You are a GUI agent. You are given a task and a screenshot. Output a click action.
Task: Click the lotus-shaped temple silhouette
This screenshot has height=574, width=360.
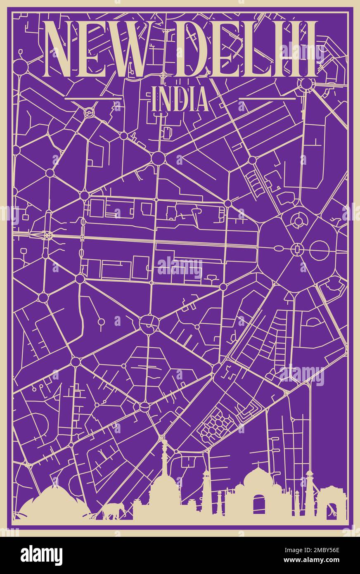[52, 502]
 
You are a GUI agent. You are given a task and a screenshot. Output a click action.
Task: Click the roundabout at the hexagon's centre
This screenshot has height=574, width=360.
[296, 249]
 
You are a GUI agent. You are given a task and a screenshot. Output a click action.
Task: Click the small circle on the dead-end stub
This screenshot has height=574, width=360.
[100, 321]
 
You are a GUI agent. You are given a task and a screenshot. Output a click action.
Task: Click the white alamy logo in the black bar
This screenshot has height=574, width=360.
[41, 555]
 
